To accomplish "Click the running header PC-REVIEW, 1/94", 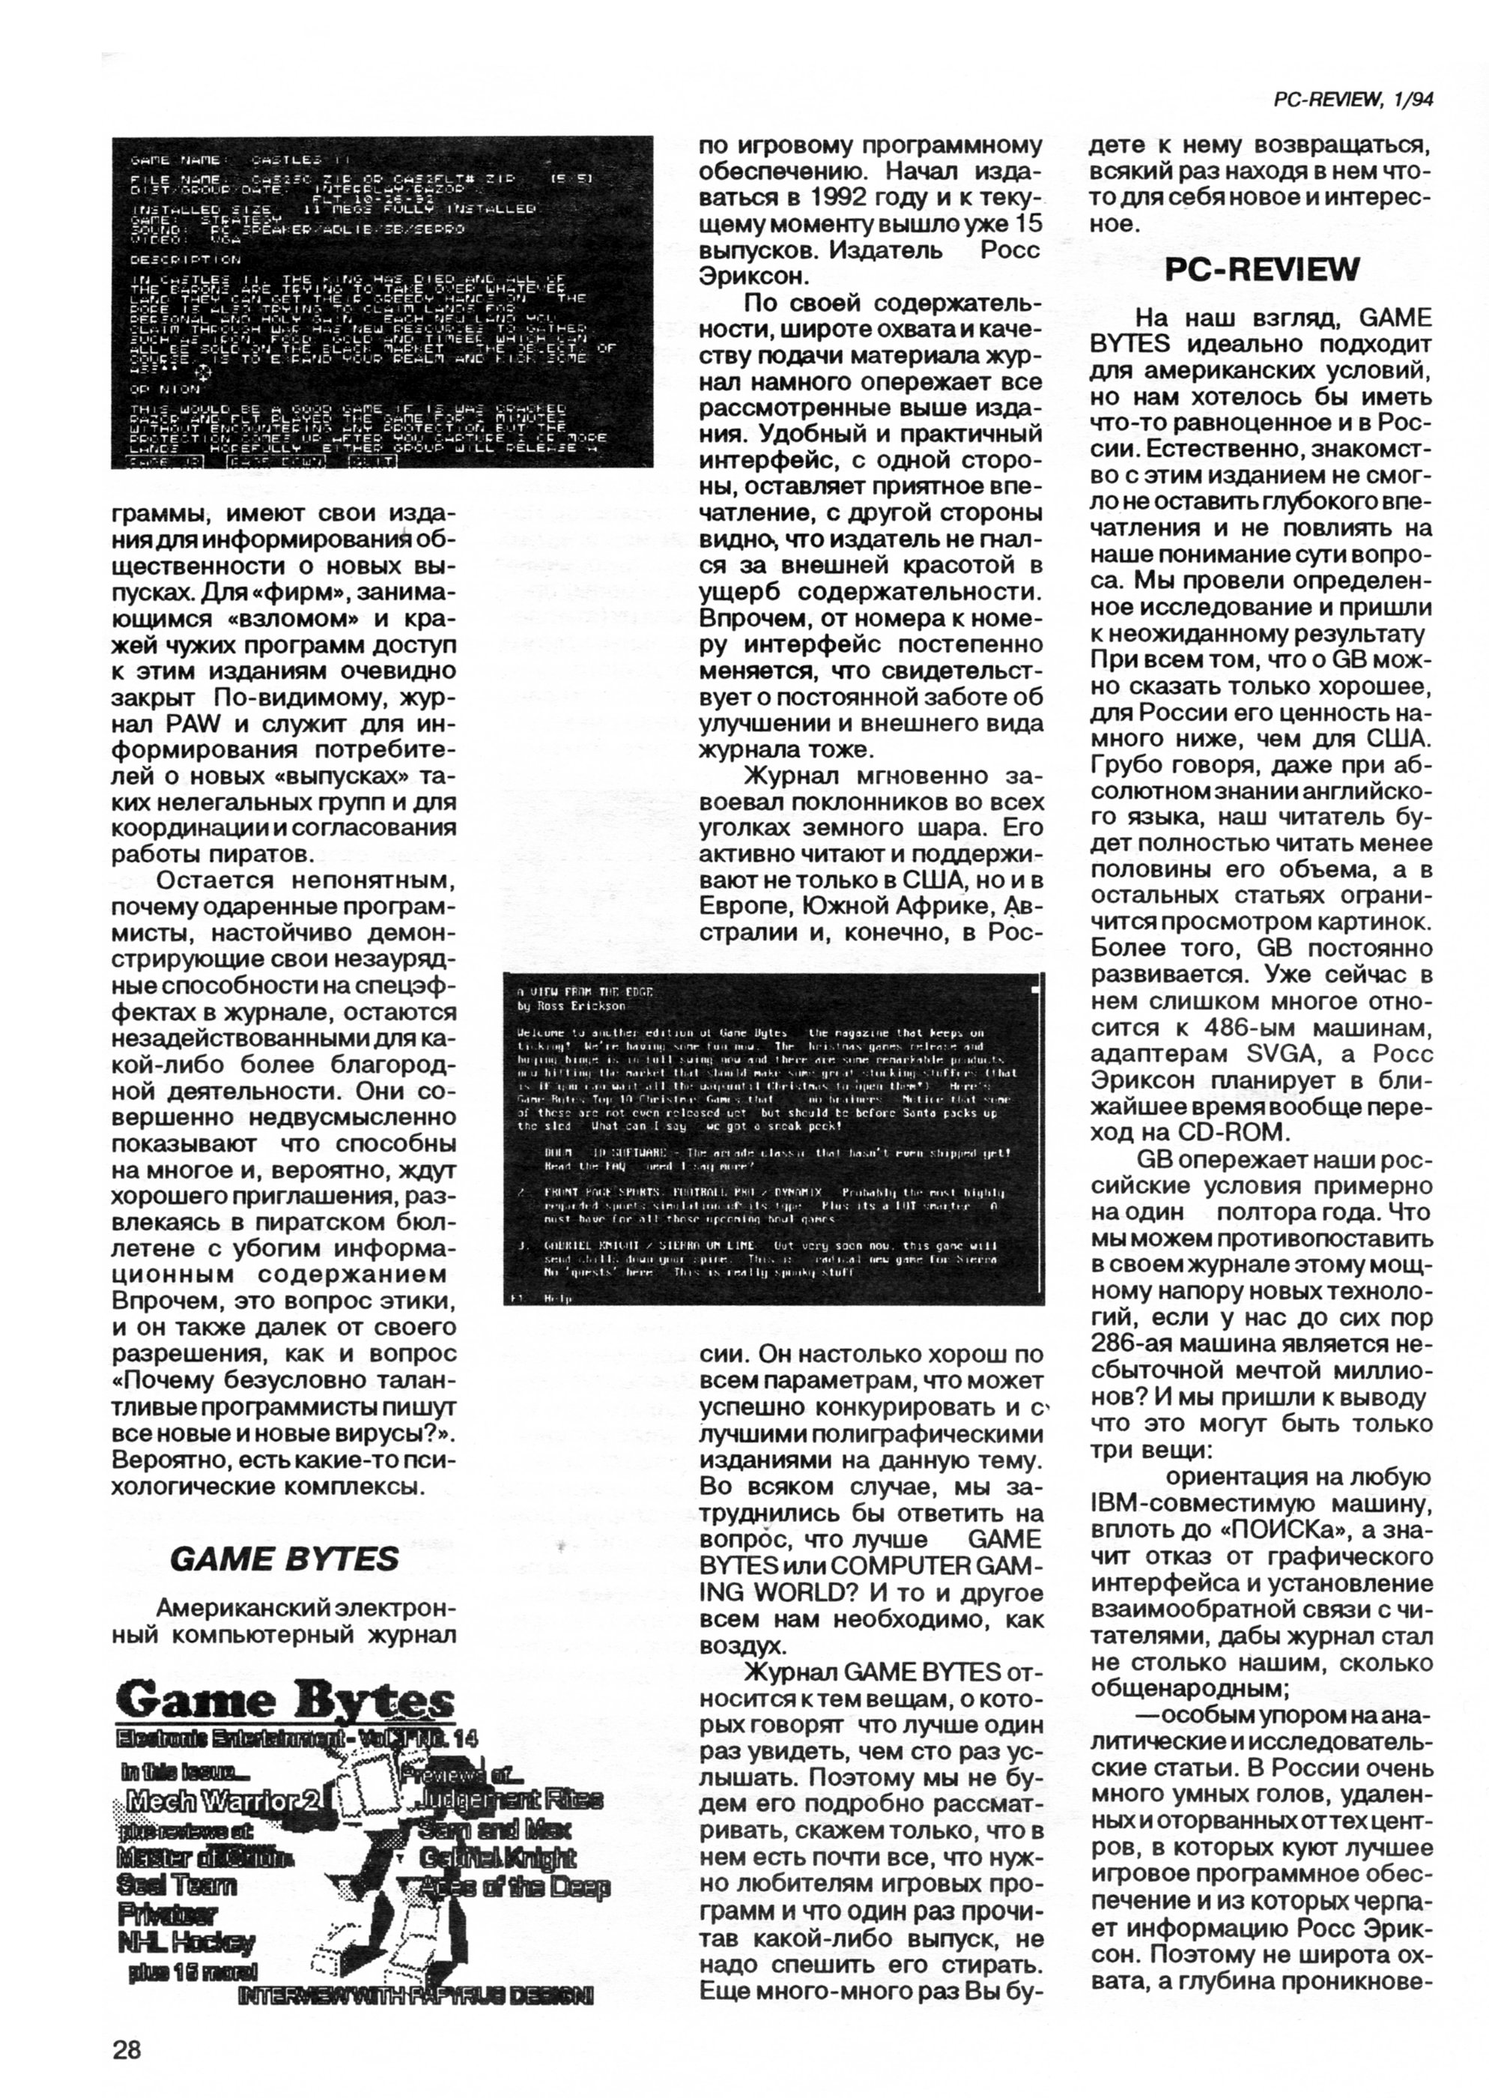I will pos(1353,101).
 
